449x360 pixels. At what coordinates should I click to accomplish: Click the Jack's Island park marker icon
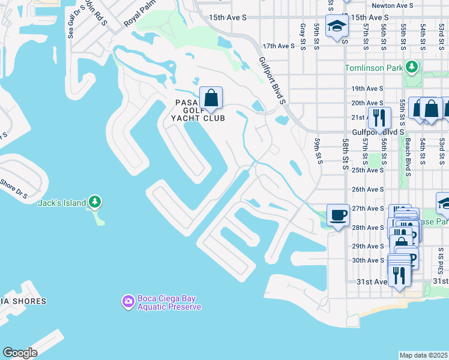95,203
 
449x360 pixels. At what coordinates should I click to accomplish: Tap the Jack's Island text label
62,203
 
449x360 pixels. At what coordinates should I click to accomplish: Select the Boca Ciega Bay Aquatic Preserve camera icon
128,302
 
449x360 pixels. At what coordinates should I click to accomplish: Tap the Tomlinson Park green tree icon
412,67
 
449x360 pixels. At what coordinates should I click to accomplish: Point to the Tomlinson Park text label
374,68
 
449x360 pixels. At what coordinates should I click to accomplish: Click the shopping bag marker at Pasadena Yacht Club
211,98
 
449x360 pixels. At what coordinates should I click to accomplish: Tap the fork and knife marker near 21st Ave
379,118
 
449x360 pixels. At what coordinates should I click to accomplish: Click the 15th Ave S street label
228,18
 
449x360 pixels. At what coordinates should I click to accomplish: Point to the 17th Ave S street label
279,46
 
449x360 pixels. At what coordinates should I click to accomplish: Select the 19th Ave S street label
367,88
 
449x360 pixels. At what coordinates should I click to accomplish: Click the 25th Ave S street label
367,170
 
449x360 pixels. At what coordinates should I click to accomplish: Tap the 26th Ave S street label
367,190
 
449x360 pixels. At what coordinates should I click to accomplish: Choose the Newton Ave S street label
393,5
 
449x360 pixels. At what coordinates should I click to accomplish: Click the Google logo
20,353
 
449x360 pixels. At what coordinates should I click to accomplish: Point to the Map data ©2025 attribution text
424,355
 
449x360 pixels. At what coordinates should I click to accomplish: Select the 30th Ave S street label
368,260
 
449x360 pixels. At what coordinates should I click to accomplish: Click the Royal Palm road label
136,18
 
